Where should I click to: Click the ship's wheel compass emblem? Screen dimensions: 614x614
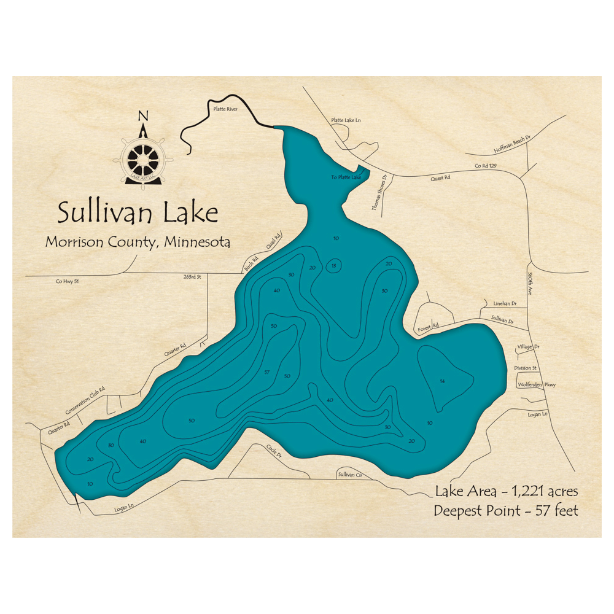(143, 158)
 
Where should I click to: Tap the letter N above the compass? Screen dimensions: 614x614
(143, 116)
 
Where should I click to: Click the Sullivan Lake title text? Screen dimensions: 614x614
(138, 214)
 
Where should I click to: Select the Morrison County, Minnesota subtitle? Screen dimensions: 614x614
(138, 242)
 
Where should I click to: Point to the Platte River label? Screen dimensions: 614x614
(225, 109)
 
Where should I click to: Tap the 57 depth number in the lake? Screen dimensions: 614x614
(266, 373)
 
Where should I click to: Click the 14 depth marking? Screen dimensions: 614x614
(442, 381)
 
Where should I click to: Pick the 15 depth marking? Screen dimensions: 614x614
(333, 265)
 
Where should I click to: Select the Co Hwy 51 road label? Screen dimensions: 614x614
(68, 282)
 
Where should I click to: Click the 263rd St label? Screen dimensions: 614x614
(192, 277)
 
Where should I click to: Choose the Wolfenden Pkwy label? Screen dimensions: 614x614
(537, 384)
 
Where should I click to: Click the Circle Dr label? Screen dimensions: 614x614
(274, 452)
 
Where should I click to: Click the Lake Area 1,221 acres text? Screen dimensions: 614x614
(506, 491)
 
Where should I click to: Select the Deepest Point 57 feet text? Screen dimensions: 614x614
(506, 510)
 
